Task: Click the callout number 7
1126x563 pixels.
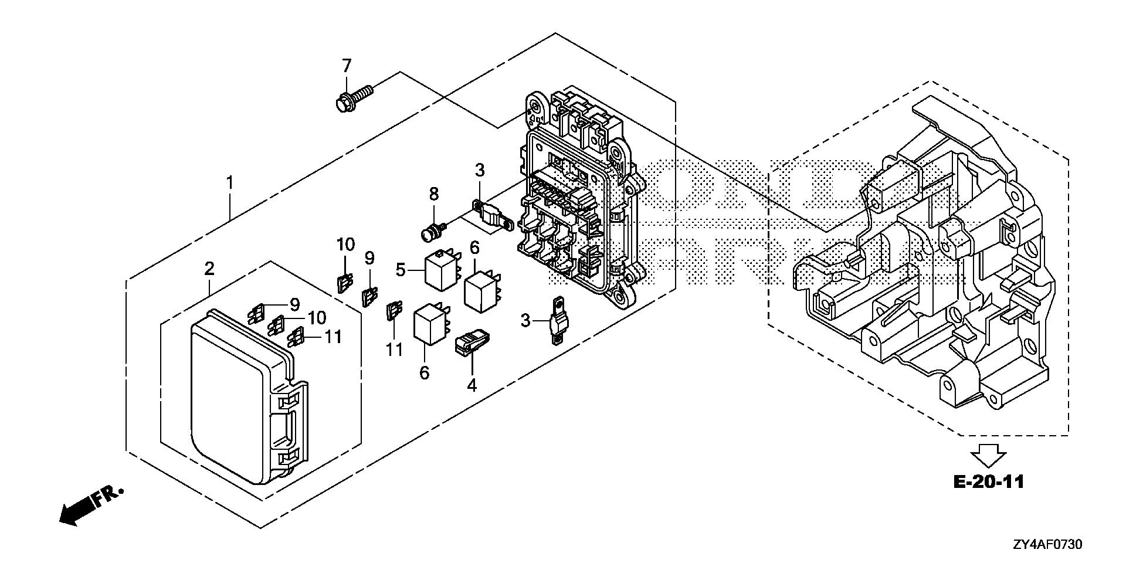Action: point(346,66)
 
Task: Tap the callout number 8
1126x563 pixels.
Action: point(433,194)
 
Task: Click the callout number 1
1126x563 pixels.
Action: point(230,183)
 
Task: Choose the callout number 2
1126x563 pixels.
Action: point(209,269)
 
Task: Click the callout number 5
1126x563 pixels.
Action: point(401,270)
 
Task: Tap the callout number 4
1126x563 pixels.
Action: point(472,385)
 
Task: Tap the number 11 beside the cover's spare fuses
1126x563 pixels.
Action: point(333,337)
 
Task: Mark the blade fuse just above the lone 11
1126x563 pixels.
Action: point(394,311)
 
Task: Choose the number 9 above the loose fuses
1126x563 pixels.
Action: point(369,257)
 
